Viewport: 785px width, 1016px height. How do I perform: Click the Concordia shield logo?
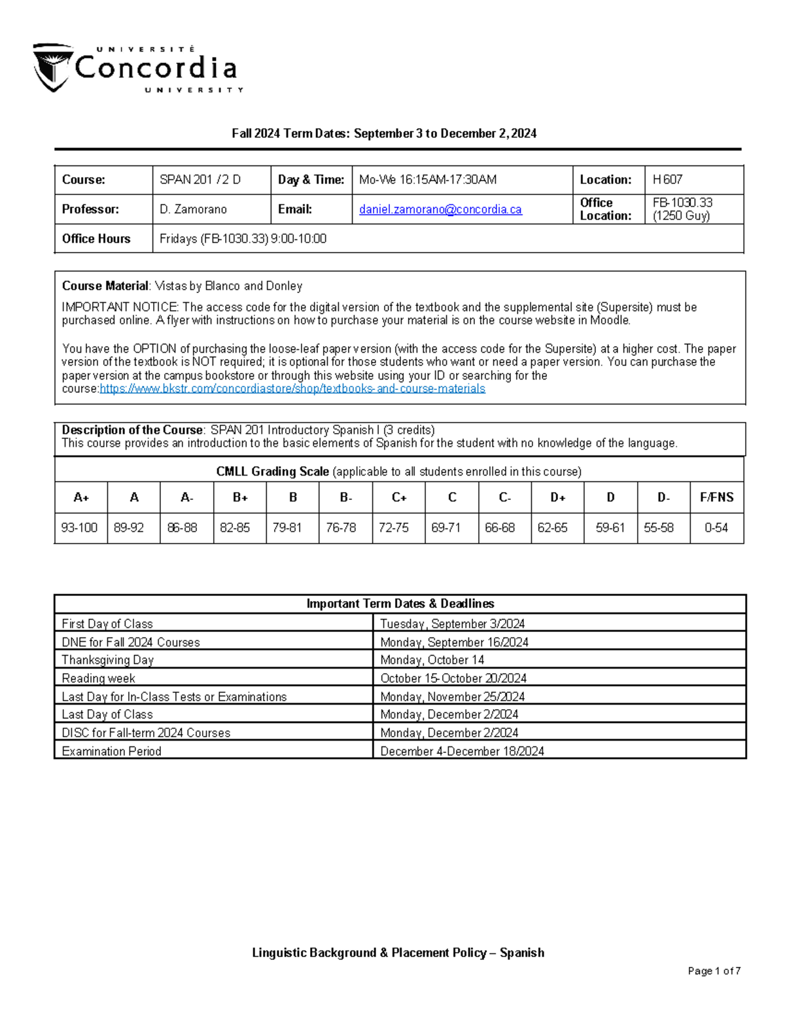click(52, 67)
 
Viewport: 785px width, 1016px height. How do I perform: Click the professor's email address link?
click(440, 209)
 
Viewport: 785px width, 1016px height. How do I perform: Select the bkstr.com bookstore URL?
click(292, 389)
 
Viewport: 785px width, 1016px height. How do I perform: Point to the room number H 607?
click(667, 180)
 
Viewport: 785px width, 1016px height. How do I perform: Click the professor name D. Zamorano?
click(193, 209)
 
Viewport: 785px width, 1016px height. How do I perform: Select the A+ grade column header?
click(81, 497)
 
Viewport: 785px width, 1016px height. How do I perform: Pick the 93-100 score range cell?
click(79, 527)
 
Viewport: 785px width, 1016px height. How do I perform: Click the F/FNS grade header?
click(716, 497)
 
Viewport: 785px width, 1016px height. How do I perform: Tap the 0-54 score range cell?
click(716, 527)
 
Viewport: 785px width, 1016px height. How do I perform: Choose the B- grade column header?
click(345, 497)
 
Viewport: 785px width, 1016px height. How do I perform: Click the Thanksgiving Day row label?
click(107, 660)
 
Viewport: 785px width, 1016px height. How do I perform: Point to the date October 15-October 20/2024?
click(453, 678)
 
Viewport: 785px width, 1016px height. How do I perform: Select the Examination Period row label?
click(111, 751)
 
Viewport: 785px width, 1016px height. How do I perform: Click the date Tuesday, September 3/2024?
click(452, 623)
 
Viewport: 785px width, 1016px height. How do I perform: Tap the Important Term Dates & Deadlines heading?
click(400, 604)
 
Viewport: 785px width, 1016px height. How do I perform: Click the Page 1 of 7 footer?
click(714, 971)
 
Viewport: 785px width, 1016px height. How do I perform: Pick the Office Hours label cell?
click(96, 239)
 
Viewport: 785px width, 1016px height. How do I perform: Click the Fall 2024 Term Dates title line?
click(384, 133)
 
